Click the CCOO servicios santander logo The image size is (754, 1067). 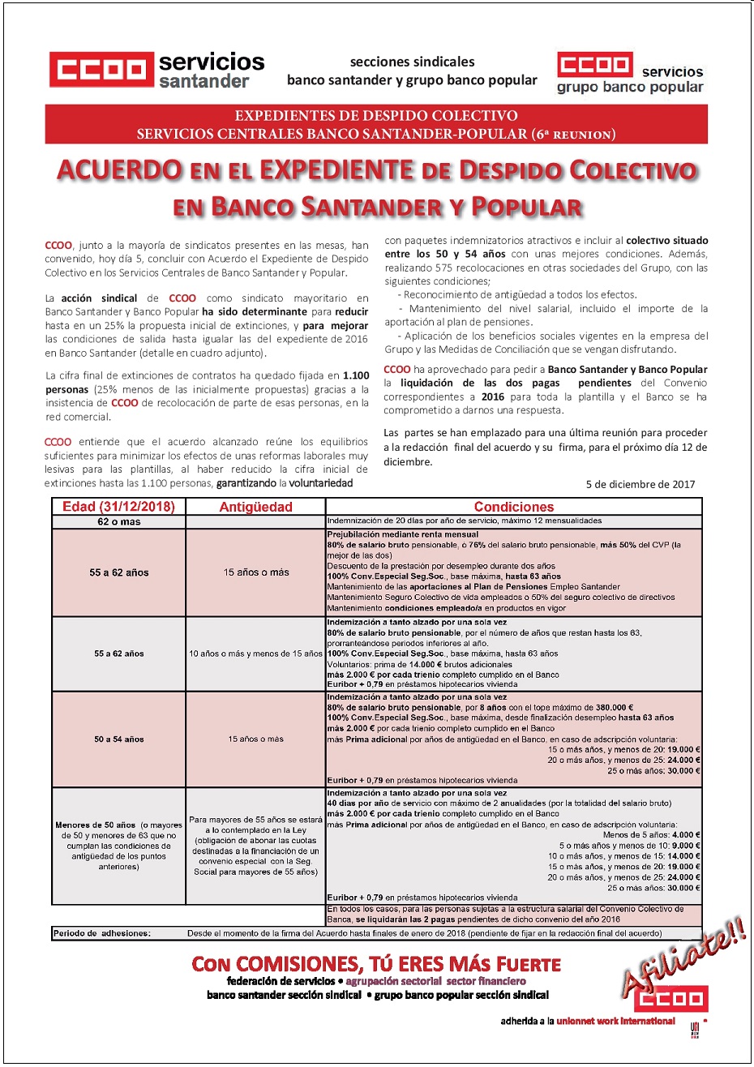pyautogui.click(x=156, y=69)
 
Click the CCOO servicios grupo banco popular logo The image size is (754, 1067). pyautogui.click(x=630, y=73)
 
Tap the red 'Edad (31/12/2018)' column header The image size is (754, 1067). pyautogui.click(x=119, y=507)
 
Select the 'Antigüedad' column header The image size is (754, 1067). pyautogui.click(x=255, y=507)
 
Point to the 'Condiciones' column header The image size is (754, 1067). pyautogui.click(x=514, y=507)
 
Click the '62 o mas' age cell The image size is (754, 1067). pyautogui.click(x=119, y=521)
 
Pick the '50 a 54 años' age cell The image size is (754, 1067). pyautogui.click(x=119, y=739)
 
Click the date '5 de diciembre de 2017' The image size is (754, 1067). pyautogui.click(x=640, y=484)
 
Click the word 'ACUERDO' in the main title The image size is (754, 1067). pyautogui.click(x=119, y=170)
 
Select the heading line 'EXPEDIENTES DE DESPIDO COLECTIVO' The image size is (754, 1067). pyautogui.click(x=376, y=115)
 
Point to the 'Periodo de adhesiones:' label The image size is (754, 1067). pyautogui.click(x=101, y=933)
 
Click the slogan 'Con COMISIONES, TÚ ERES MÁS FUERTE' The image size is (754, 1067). pyautogui.click(x=376, y=964)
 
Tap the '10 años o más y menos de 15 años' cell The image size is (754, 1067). pyautogui.click(x=255, y=653)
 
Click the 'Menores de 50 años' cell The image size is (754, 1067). pyautogui.click(x=119, y=846)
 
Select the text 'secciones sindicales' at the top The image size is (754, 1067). pyautogui.click(x=412, y=62)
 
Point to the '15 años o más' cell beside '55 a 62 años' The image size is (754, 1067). pyautogui.click(x=255, y=572)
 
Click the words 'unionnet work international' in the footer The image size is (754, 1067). pyautogui.click(x=615, y=1021)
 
